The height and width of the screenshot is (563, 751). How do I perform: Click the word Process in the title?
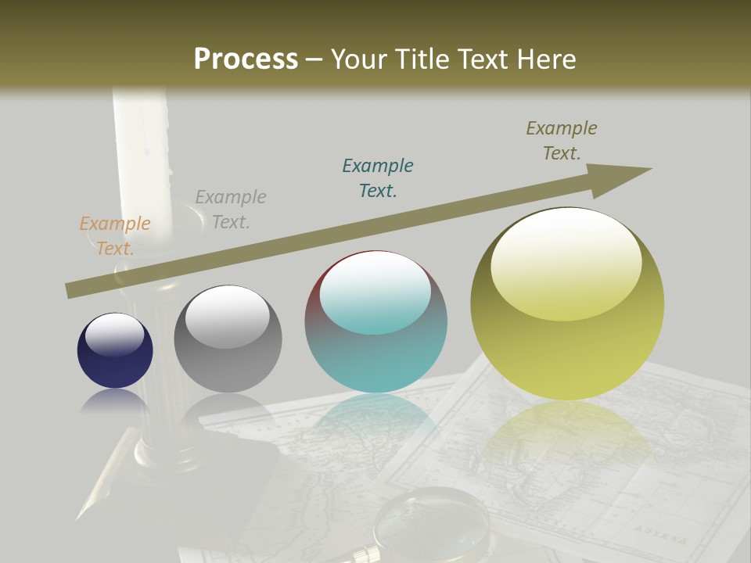246,59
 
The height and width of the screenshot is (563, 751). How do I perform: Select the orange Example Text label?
115,235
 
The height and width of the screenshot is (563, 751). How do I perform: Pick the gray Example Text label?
231,209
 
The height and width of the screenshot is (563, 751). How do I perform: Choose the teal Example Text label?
378,178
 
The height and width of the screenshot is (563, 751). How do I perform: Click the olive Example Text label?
562,140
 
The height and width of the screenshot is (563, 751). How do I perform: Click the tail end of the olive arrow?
72,290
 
